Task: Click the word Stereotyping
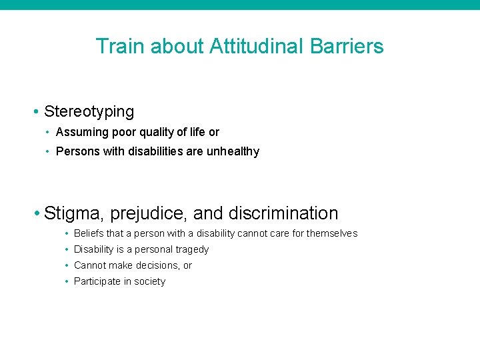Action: (89, 111)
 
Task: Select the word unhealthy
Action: (233, 151)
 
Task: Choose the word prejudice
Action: (151, 214)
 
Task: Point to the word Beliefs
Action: (89, 233)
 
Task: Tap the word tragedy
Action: (192, 249)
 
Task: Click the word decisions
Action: (158, 265)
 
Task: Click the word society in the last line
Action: (149, 281)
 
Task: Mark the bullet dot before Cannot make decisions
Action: (67, 265)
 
